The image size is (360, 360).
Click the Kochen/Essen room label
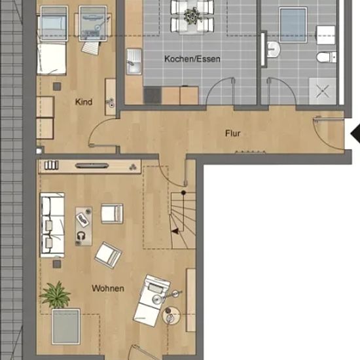pos(192,59)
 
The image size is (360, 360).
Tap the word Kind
pos(84,101)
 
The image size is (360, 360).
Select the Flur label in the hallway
pos(232,133)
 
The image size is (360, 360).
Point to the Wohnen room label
pos(108,288)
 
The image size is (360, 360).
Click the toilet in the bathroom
pos(326,57)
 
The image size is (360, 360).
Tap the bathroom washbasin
pos(273,49)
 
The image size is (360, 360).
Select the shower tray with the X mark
pos(323,91)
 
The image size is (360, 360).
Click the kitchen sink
pos(134,62)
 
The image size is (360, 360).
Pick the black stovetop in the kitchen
pos(153,96)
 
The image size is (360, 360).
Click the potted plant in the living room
pos(56,295)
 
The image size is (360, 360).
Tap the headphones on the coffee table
pos(81,236)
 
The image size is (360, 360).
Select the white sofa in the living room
pos(52,225)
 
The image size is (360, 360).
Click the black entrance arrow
pos(355,134)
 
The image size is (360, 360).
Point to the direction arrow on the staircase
pos(175,231)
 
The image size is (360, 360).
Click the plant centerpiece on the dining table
pos(192,16)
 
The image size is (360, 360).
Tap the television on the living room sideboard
pos(92,166)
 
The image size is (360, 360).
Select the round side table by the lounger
pos(171,315)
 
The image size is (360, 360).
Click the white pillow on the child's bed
pos(52,58)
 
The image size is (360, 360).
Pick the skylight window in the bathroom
pos(293,25)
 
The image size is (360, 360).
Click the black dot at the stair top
pos(183,192)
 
